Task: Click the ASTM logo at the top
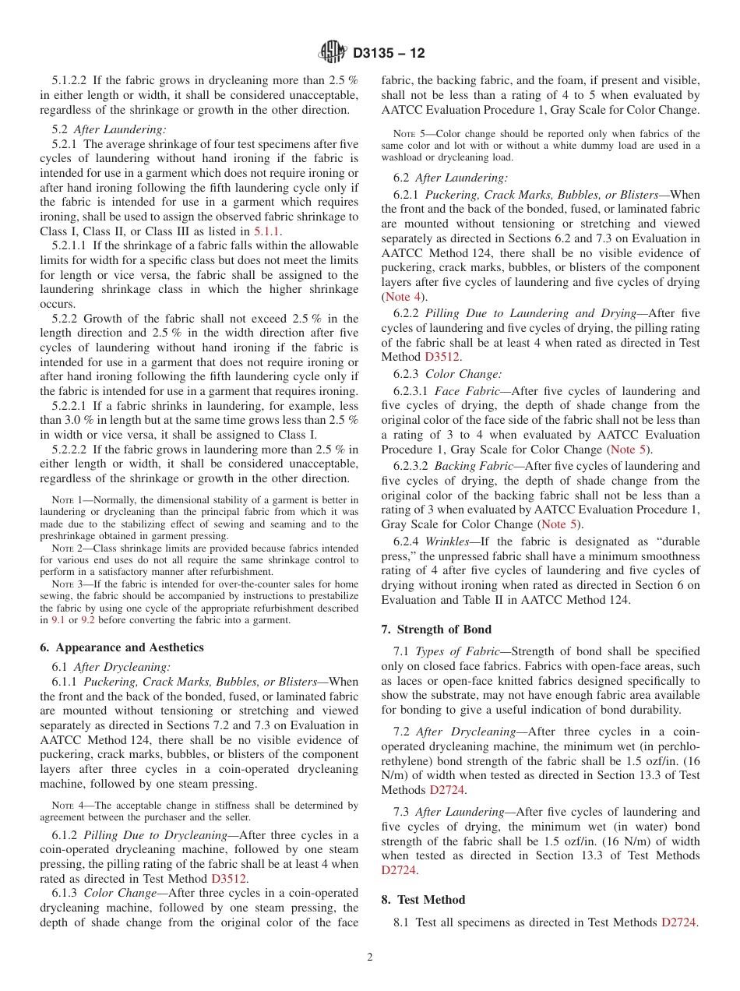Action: coord(333,53)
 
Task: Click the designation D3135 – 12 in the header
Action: coord(389,54)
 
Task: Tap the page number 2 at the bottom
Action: coord(370,957)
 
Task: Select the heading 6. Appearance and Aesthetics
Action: coord(122,647)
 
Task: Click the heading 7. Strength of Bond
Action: coord(436,629)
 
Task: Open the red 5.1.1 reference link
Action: coord(266,231)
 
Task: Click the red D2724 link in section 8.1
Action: coord(678,922)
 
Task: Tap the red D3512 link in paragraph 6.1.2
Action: coord(229,879)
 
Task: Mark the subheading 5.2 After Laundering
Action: coord(109,130)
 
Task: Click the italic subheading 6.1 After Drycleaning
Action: coord(111,667)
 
